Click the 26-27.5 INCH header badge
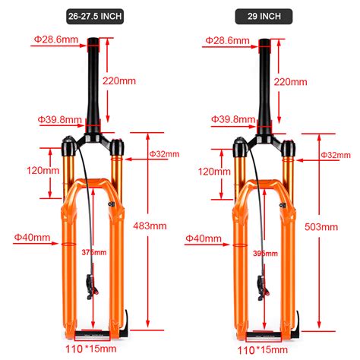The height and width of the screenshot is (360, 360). pyautogui.click(x=95, y=17)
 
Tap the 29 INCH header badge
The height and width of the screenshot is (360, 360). pyautogui.click(x=264, y=17)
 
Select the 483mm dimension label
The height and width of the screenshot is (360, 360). pyautogui.click(x=150, y=226)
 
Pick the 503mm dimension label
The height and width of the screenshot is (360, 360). pyautogui.click(x=321, y=227)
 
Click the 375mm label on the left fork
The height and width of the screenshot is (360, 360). pyautogui.click(x=94, y=252)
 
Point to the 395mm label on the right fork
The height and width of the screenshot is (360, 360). pyautogui.click(x=265, y=254)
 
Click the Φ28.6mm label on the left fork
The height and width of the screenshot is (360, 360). pyautogui.click(x=56, y=39)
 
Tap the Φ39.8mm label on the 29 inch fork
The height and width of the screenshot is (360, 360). pyautogui.click(x=233, y=119)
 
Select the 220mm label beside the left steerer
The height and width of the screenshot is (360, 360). pyautogui.click(x=119, y=81)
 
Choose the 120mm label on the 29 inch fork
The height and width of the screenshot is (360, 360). pyautogui.click(x=214, y=172)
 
